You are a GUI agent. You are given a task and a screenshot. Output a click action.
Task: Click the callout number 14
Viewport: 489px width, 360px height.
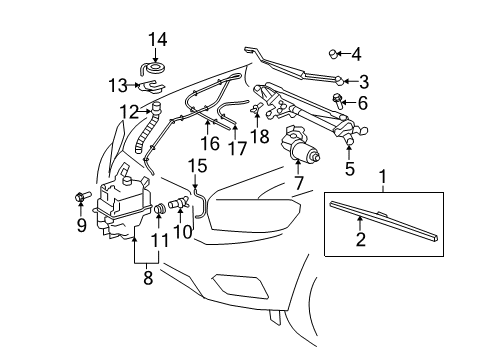[154, 39]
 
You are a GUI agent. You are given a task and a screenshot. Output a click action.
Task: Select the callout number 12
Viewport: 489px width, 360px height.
[128, 111]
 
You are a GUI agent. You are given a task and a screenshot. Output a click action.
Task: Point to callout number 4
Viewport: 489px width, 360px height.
[355, 54]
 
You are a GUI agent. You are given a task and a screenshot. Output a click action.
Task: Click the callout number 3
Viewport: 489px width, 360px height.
[363, 81]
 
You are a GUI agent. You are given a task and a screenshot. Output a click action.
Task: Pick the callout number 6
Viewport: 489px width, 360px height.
[362, 103]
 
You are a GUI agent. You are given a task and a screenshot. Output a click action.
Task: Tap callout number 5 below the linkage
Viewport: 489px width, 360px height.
[349, 169]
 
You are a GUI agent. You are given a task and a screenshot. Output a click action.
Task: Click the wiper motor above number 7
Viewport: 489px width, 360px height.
[303, 147]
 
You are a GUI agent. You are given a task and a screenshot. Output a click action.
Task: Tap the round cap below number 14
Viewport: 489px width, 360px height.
[153, 70]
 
